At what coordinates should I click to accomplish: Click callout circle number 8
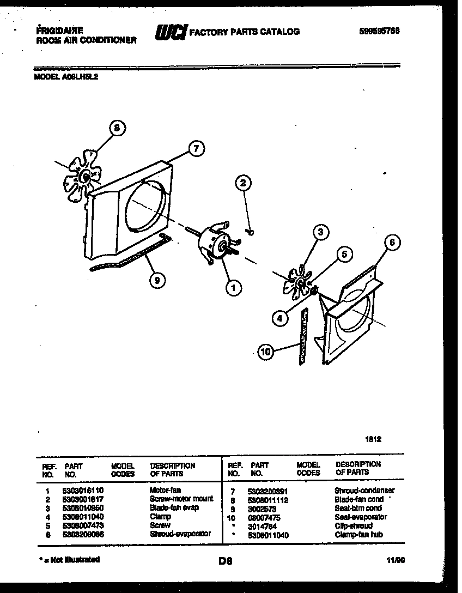coord(116,129)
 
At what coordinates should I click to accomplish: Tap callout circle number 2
coord(244,184)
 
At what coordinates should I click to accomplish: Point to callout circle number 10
coord(265,352)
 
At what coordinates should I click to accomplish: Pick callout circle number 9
coord(157,281)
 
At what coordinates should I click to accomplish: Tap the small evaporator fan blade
coord(298,281)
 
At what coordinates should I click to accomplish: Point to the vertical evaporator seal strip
coord(302,335)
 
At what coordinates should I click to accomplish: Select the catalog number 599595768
coord(379,31)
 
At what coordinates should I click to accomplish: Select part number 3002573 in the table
coord(262,508)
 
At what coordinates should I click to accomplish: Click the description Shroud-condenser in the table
coord(364,491)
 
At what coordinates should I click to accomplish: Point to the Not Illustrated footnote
coord(69,560)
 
